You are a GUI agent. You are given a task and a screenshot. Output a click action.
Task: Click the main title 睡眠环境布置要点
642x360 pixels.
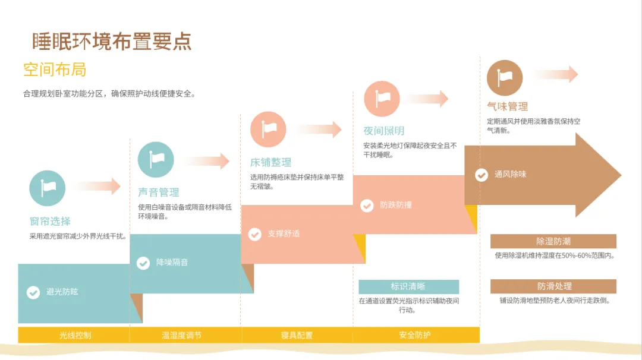coord(112,42)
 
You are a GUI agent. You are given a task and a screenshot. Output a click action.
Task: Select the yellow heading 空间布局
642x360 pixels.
coord(55,70)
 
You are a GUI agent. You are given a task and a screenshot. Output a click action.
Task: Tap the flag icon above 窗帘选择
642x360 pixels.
coord(47,188)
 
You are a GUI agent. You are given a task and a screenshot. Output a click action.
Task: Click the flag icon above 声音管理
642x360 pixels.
coord(156,159)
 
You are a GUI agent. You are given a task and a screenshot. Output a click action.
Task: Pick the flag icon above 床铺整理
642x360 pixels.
coord(268,130)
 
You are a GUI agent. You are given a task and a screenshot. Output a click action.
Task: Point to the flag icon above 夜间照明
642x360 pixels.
coord(381,99)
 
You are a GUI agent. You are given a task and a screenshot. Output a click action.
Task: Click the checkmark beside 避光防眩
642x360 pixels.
coord(33,292)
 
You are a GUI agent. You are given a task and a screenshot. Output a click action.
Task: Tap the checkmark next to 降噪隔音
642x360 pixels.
coord(143,263)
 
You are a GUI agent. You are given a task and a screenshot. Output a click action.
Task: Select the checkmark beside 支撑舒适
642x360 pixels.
coord(254,234)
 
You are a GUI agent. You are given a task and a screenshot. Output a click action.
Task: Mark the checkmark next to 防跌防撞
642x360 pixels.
coord(367,206)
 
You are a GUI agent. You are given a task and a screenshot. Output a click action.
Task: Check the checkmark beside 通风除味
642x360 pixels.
coord(481,175)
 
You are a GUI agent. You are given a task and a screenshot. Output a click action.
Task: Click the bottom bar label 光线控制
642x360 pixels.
coord(75,335)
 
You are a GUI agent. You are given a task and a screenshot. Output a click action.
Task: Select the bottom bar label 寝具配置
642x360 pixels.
coord(297,335)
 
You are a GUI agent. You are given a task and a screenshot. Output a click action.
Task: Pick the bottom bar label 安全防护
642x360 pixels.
coord(415,335)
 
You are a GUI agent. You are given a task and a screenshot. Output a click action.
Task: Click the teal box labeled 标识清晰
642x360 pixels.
coord(408,286)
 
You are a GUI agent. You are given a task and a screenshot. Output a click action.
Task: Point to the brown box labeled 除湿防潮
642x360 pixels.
coord(553,241)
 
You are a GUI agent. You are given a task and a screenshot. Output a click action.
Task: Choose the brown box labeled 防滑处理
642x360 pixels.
coord(553,286)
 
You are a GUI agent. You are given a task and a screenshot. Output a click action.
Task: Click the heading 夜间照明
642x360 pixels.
coord(384,131)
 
